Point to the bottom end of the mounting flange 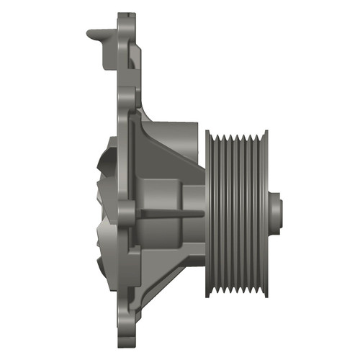tap(126, 341)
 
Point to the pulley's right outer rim tap(265, 215)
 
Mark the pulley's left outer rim tap(208, 215)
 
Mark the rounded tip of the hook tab tap(90, 32)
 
